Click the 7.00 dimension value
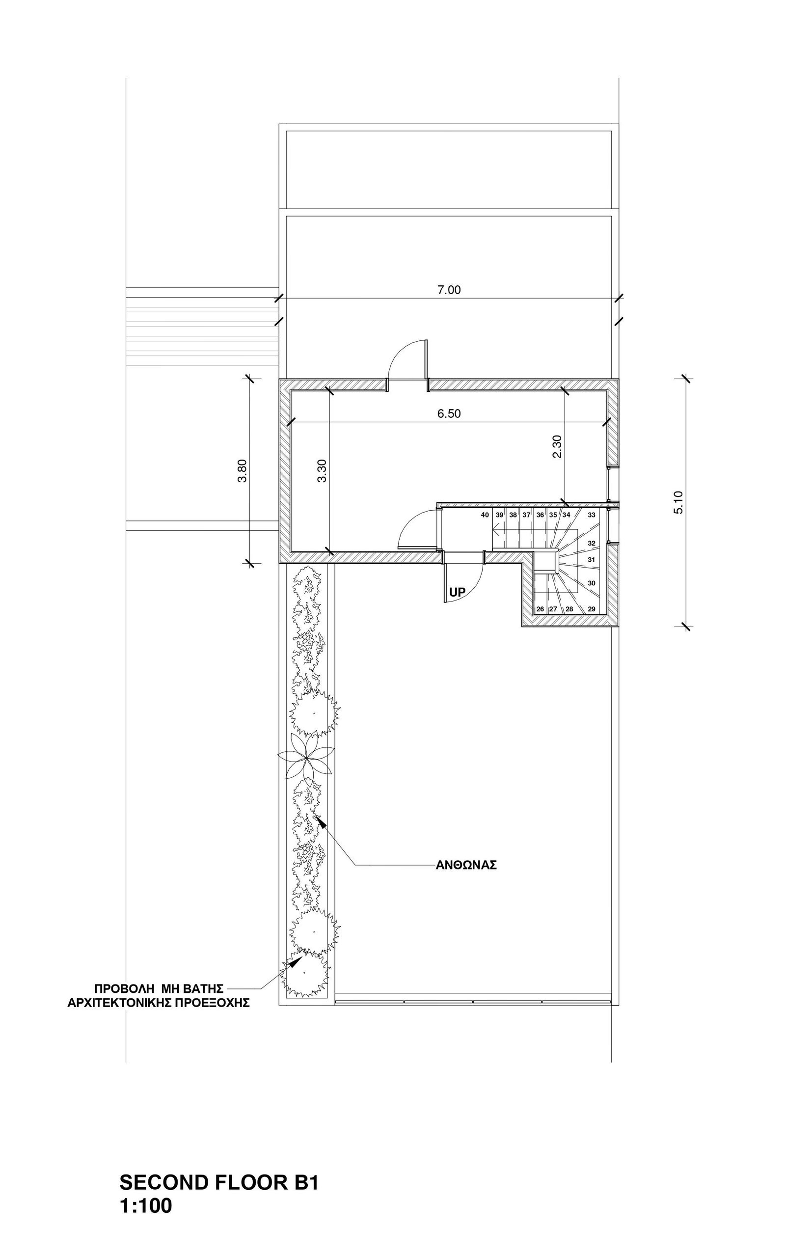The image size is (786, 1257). point(449,290)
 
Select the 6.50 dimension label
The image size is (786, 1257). point(449,414)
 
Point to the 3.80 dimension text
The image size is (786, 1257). point(242,470)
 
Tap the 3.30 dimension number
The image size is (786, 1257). point(322,470)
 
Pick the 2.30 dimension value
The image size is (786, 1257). point(557,446)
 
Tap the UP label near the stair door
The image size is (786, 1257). point(458,592)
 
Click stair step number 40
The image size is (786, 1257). point(485,515)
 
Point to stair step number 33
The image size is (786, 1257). point(592,515)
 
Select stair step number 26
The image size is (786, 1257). point(540,609)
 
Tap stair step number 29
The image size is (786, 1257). point(592,609)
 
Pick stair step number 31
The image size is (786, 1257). point(592,560)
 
